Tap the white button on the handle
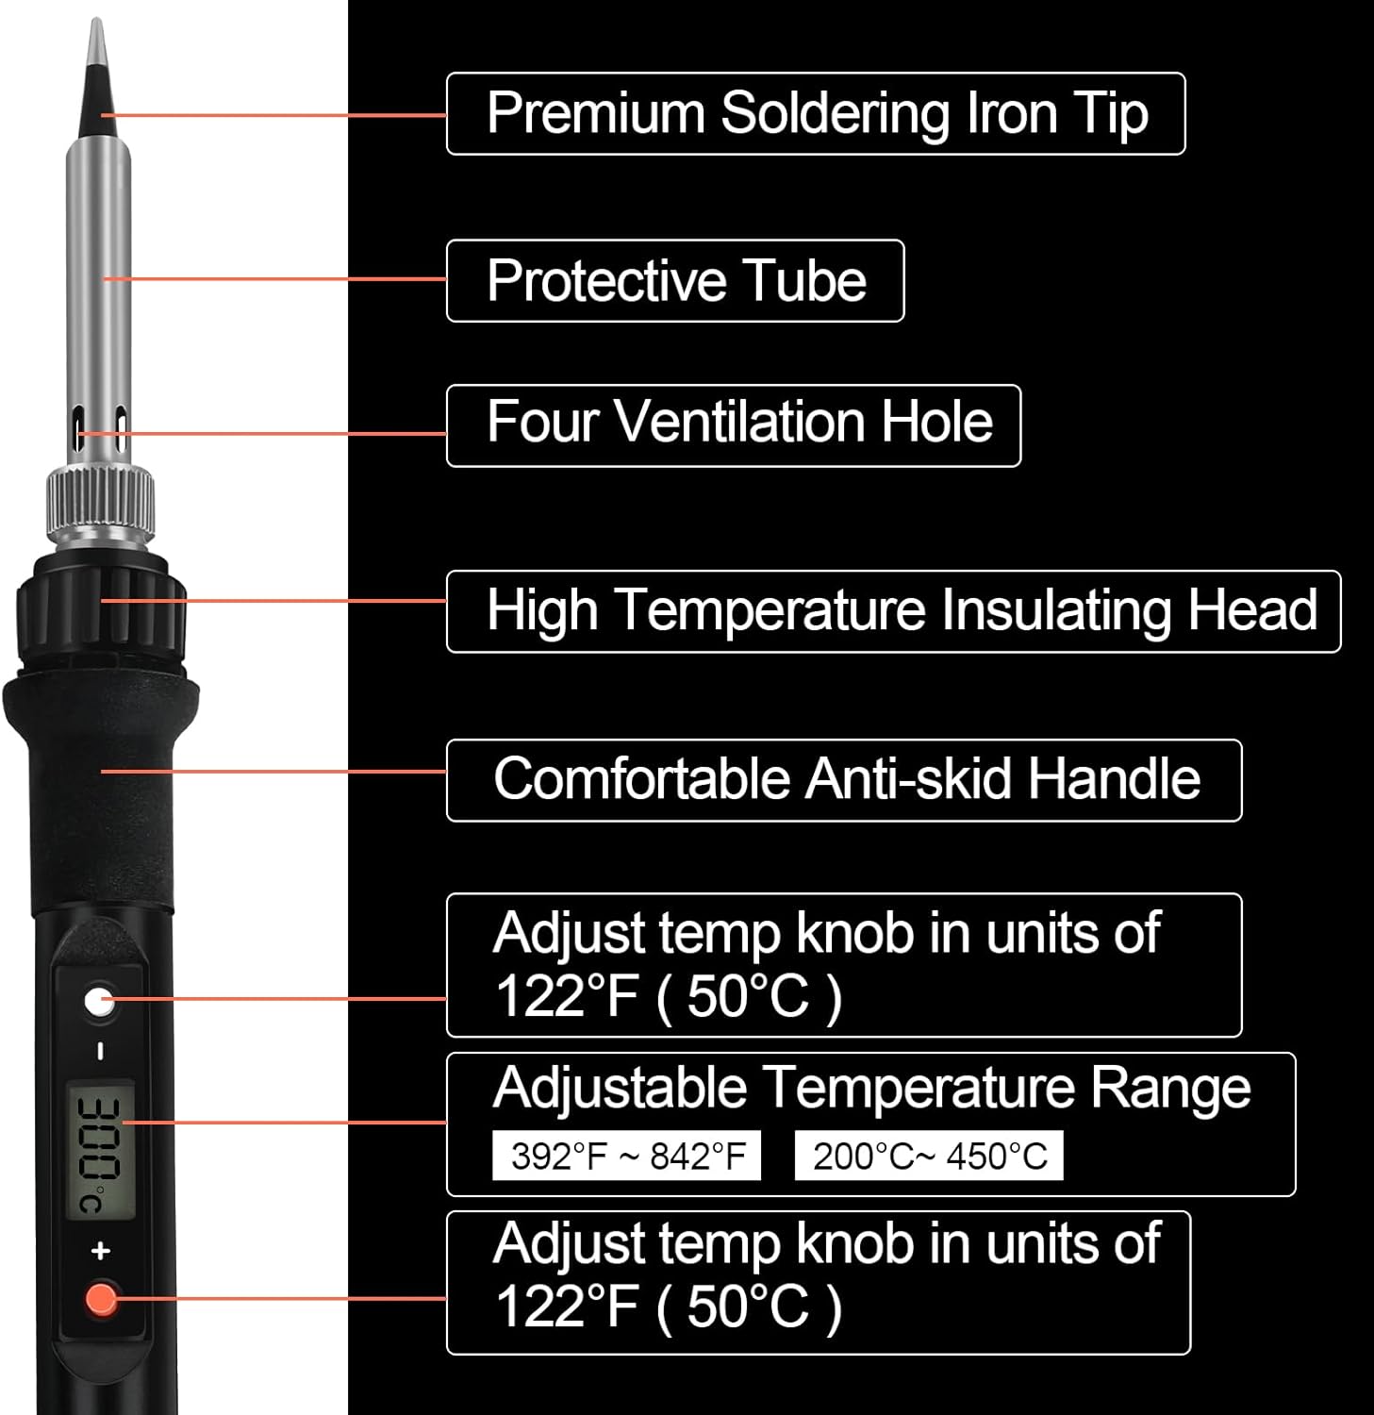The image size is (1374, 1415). (99, 1002)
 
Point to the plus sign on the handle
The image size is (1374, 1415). (101, 1251)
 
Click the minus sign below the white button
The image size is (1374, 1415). (101, 1051)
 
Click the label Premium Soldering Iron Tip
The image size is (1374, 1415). (816, 113)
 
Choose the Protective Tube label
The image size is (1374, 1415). (675, 281)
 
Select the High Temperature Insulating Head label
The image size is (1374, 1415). (893, 611)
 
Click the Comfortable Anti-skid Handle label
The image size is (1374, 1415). (844, 780)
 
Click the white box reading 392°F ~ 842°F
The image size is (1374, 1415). (627, 1156)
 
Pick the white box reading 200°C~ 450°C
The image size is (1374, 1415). (929, 1156)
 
